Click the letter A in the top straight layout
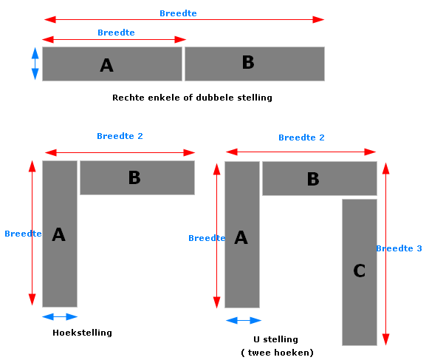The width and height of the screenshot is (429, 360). (x=107, y=65)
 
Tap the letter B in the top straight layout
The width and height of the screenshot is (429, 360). (x=248, y=62)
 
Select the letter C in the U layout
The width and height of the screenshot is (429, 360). (x=360, y=271)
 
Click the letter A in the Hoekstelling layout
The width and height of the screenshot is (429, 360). (x=59, y=234)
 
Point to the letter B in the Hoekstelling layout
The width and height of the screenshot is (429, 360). (x=134, y=177)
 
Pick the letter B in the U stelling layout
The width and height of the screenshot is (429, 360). (x=313, y=179)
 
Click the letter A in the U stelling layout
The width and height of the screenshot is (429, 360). (x=241, y=237)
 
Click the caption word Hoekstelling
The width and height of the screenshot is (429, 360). (x=83, y=333)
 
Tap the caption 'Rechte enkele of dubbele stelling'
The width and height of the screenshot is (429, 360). (x=192, y=98)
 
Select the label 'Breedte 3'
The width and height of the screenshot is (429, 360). (x=399, y=248)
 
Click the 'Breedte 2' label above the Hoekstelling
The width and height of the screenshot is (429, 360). (x=120, y=136)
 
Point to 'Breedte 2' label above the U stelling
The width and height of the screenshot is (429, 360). (x=301, y=137)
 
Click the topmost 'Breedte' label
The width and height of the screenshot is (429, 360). (x=178, y=13)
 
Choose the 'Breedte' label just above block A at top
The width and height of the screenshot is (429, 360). (x=116, y=33)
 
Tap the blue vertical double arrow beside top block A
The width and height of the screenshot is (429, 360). (x=35, y=64)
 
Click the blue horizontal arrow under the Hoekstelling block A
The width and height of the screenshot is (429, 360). (x=60, y=316)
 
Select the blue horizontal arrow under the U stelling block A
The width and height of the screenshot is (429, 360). (x=244, y=320)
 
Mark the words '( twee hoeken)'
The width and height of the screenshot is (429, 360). (x=277, y=353)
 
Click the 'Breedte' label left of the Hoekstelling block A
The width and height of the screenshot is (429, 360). (x=23, y=234)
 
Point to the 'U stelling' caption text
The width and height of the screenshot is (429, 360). (x=276, y=339)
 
